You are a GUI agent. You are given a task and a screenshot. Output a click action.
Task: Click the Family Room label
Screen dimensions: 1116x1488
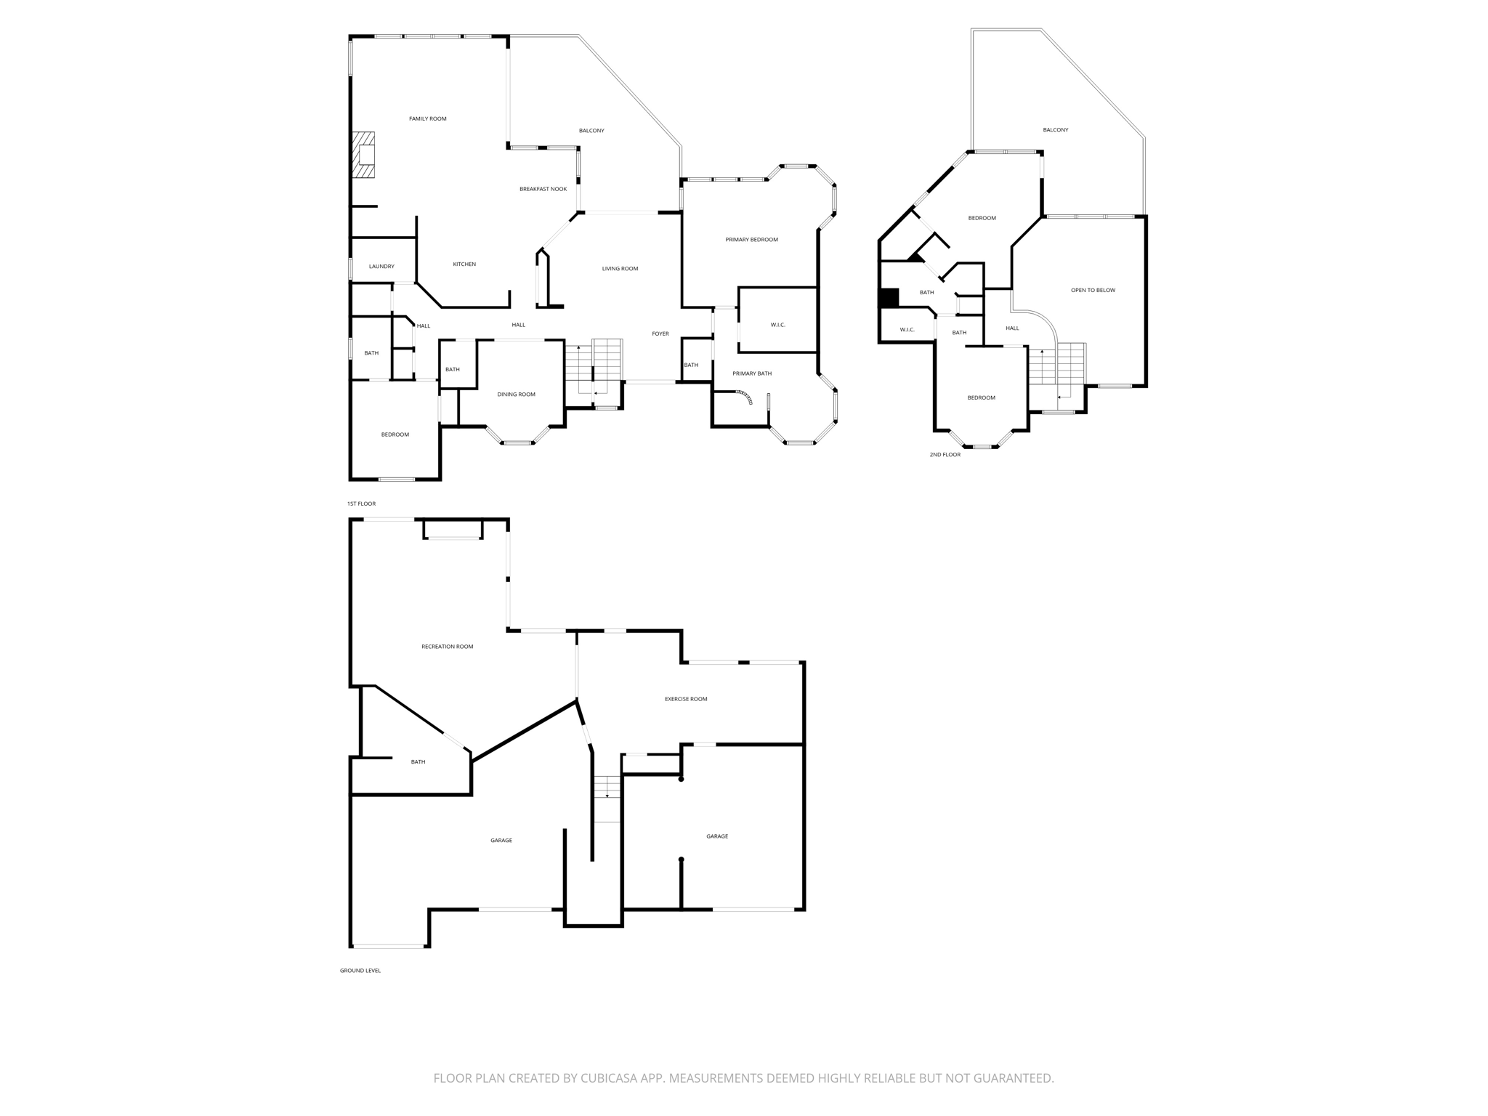click(x=427, y=118)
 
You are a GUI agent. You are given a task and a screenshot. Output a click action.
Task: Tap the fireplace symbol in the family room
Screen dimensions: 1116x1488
click(x=364, y=155)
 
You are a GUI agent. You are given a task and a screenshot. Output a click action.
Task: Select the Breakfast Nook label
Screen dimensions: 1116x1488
click(x=543, y=189)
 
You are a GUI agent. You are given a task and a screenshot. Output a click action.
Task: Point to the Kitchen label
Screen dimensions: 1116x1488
click(x=464, y=264)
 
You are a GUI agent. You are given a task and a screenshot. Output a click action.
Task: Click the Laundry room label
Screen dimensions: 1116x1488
click(x=381, y=266)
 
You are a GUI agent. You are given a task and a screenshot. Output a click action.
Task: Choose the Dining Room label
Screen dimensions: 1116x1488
click(x=516, y=394)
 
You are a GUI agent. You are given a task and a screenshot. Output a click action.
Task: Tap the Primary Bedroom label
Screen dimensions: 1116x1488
click(x=751, y=239)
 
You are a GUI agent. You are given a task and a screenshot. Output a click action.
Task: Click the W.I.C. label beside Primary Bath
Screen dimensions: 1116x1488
click(x=777, y=324)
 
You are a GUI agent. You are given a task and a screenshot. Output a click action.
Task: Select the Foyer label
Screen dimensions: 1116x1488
click(x=660, y=333)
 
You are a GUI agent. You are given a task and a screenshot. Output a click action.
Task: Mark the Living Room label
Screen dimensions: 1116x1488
click(x=620, y=268)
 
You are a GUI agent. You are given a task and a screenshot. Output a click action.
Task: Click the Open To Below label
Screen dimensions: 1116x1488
click(x=1093, y=290)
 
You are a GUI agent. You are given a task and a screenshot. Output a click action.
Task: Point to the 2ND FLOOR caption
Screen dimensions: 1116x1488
click(x=945, y=455)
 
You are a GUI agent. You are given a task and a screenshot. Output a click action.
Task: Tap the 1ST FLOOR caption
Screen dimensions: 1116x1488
click(x=361, y=504)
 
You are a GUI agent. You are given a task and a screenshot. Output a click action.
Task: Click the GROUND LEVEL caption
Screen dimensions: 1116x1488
click(x=360, y=970)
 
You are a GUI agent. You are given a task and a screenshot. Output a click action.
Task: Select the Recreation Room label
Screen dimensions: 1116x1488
click(x=447, y=646)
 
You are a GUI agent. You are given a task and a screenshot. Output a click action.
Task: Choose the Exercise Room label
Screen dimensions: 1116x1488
click(x=685, y=699)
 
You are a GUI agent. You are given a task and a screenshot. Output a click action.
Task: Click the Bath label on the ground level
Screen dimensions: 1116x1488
click(x=418, y=761)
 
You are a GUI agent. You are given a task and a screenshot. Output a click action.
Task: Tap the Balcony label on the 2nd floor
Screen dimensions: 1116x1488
click(x=1055, y=129)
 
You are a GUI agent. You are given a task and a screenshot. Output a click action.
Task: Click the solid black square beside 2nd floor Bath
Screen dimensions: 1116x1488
click(x=889, y=298)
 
